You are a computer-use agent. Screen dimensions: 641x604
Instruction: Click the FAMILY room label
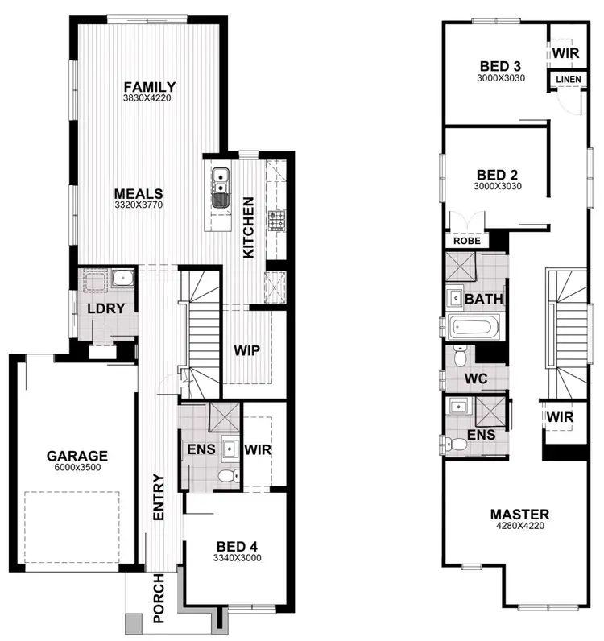(x=150, y=87)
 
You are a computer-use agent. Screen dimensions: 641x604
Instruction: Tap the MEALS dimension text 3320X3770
(x=138, y=205)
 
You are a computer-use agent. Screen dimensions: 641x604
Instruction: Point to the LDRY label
(x=105, y=308)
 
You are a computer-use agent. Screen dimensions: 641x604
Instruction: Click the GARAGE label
(x=77, y=456)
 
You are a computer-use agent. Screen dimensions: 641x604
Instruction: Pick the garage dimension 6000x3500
(x=77, y=467)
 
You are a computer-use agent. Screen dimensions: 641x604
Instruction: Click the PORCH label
(x=159, y=601)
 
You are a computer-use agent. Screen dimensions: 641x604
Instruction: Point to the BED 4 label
(x=237, y=546)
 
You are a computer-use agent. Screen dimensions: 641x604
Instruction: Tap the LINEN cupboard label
(x=564, y=79)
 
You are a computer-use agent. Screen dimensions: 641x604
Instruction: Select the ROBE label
(x=466, y=240)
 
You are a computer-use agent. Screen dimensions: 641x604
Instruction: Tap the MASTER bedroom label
(x=519, y=515)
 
